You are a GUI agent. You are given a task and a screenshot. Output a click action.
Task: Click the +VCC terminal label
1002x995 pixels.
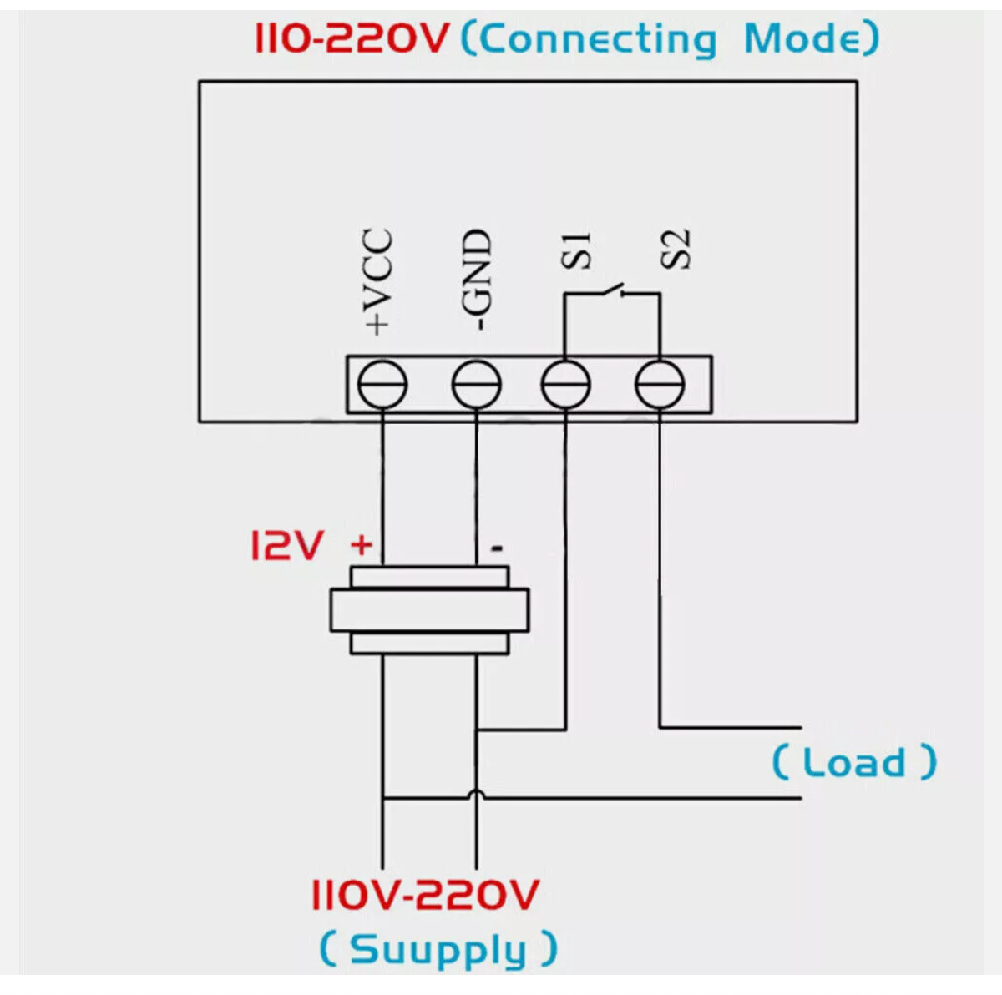(378, 282)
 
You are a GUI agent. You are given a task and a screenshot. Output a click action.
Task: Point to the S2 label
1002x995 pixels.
(677, 249)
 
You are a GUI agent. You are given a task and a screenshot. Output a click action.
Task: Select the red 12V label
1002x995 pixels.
(286, 546)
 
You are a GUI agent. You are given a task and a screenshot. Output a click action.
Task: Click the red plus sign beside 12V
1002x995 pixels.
(362, 546)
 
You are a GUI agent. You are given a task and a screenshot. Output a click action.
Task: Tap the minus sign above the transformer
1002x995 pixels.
(497, 548)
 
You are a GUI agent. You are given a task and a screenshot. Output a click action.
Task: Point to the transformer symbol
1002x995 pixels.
(429, 610)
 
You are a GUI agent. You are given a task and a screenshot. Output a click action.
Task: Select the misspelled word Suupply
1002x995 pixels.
(438, 949)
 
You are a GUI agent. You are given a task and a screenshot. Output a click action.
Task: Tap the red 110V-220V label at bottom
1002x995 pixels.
(425, 896)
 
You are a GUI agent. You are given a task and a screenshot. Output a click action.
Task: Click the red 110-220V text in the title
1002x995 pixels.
(352, 38)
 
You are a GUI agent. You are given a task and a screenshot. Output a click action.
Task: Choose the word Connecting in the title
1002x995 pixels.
(597, 39)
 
